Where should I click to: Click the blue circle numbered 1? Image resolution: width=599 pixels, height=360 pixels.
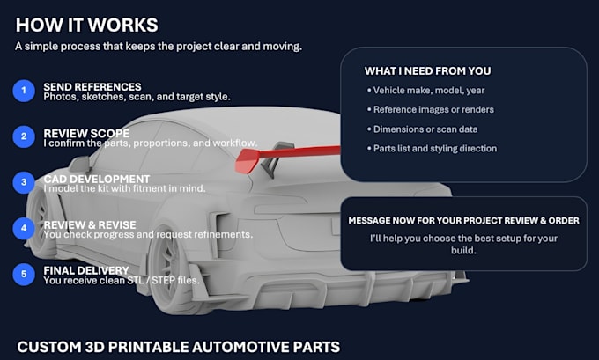pyautogui.click(x=24, y=91)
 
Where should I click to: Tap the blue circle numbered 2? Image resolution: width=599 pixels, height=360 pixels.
pyautogui.click(x=24, y=136)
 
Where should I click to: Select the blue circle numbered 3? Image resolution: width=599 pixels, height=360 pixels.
pyautogui.click(x=24, y=182)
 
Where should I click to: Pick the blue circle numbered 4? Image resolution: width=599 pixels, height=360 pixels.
pyautogui.click(x=24, y=228)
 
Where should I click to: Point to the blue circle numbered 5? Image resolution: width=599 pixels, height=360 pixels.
pyautogui.click(x=24, y=274)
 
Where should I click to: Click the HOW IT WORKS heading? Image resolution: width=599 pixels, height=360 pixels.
pyautogui.click(x=86, y=26)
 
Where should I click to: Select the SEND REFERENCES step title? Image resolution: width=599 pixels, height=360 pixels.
pyautogui.click(x=92, y=86)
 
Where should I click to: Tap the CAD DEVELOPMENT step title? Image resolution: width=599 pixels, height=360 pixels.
pyautogui.click(x=97, y=179)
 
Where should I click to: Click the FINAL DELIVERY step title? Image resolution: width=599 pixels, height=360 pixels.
pyautogui.click(x=86, y=270)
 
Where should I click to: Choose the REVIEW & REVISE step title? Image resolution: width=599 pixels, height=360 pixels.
pyautogui.click(x=90, y=224)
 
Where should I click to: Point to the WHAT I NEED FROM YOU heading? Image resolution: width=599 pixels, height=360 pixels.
pyautogui.click(x=427, y=71)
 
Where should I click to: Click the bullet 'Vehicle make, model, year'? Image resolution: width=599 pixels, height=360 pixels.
pyautogui.click(x=425, y=91)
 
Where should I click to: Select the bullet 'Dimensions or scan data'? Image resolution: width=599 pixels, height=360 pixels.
pyautogui.click(x=422, y=129)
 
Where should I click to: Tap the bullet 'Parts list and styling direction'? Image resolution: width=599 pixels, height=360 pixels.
pyautogui.click(x=432, y=149)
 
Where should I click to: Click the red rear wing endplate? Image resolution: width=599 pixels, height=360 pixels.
pyautogui.click(x=248, y=161)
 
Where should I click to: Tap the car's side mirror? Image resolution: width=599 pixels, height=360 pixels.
pyautogui.click(x=80, y=164)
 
